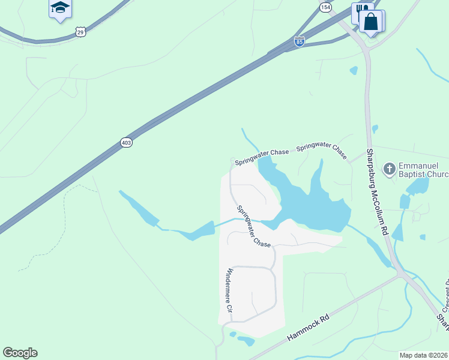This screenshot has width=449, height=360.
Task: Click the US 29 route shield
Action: (x=81, y=32)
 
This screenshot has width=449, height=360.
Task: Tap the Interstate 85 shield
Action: (x=300, y=41)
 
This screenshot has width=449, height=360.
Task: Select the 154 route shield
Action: (x=325, y=7)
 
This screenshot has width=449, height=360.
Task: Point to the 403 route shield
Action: (x=126, y=142)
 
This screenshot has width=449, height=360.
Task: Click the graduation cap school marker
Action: (x=59, y=8)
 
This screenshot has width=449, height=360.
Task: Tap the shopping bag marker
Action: (x=372, y=22)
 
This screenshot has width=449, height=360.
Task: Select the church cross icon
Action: (x=389, y=169)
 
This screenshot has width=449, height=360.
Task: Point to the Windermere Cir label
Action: (x=228, y=293)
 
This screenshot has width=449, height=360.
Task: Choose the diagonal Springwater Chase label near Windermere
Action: (x=254, y=227)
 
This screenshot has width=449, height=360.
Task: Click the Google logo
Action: (x=20, y=353)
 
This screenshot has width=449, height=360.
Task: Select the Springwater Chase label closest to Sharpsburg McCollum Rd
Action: (x=322, y=151)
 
